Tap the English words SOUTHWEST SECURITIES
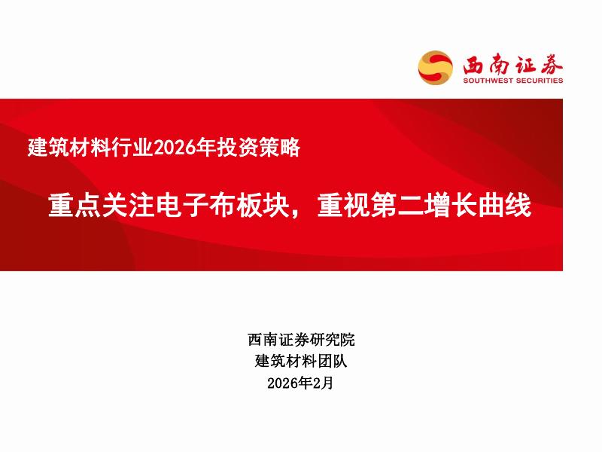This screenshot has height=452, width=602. (x=512, y=81)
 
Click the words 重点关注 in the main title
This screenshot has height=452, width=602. (x=93, y=205)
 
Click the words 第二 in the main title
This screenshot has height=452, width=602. (x=391, y=205)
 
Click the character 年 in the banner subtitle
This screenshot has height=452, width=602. (x=199, y=148)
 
